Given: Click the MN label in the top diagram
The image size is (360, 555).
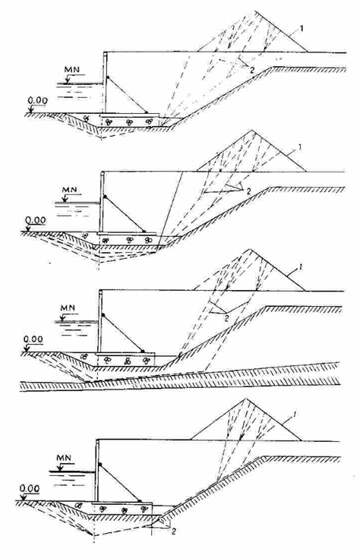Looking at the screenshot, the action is tap(72, 69).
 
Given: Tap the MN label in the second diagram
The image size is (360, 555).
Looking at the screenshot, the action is tap(69, 189).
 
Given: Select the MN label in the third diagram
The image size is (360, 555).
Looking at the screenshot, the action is tap(68, 308).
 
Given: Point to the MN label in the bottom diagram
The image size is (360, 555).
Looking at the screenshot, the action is tap(63, 458).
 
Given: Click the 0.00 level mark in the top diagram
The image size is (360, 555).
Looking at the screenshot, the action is tap(37, 101).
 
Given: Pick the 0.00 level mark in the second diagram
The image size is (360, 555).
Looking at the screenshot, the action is tap(36, 220).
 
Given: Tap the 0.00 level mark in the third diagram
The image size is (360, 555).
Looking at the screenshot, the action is tap(33, 339).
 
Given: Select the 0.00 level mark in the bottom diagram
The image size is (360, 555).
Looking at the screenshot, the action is tap(30, 488).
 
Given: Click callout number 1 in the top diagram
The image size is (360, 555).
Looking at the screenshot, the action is tap(302, 28).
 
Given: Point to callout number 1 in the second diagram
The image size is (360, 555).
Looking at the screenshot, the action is tap(299, 147).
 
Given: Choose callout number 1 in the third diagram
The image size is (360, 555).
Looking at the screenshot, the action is tap(300, 268).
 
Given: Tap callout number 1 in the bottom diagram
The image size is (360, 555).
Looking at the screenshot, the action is tap(296, 414).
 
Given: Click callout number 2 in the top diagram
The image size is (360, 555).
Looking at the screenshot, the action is tap(251, 70).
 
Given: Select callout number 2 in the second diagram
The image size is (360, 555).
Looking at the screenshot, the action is tap(248, 191).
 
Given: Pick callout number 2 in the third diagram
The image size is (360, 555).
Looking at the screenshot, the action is tap(227, 317).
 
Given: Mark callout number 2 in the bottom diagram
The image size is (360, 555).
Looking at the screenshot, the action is tap(173, 531).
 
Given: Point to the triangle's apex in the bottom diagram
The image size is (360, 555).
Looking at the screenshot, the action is tap(245, 399).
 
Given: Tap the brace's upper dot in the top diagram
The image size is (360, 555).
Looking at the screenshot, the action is tap(107, 77).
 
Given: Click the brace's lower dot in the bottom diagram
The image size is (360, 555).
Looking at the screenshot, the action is tap(140, 501).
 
